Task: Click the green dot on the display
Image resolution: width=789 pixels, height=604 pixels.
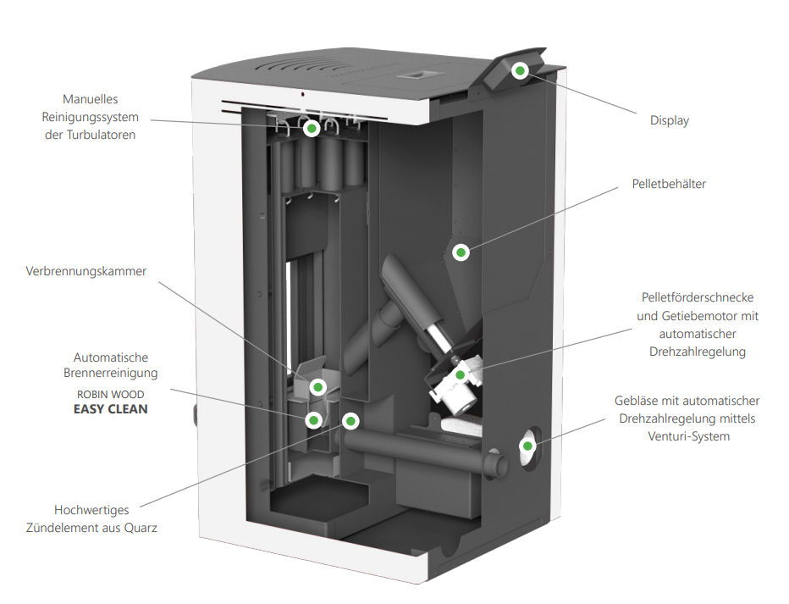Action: (x=521, y=70)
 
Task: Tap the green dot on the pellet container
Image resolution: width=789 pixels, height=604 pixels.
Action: (x=461, y=252)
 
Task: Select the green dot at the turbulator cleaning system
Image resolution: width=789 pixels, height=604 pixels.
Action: (x=312, y=129)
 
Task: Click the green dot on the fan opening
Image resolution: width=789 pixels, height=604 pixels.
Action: (x=527, y=446)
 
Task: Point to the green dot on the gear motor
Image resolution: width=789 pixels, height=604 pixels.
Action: (x=460, y=374)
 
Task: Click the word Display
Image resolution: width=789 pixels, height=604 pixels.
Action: (x=669, y=120)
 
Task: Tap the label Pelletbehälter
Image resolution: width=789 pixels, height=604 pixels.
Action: (x=668, y=183)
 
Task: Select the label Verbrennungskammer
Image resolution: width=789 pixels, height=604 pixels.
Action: (x=86, y=272)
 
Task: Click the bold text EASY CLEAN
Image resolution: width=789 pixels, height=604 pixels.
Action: (x=110, y=409)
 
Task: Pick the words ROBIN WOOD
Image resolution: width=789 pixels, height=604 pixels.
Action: (x=110, y=394)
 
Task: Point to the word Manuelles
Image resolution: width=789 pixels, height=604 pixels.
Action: (x=91, y=99)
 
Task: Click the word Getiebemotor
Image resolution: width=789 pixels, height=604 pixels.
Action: (x=693, y=316)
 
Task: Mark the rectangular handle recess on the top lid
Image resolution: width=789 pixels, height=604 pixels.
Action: (x=417, y=75)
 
